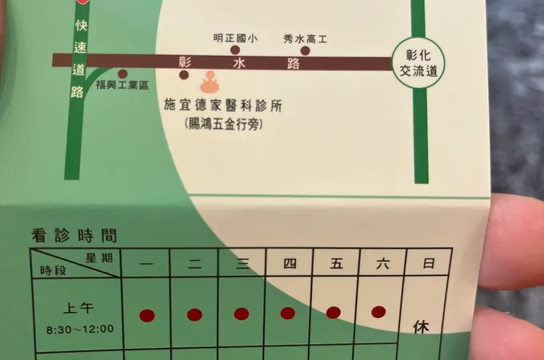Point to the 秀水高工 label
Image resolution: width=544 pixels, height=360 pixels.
pos(306,38)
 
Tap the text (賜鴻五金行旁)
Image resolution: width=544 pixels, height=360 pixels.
pos(223,124)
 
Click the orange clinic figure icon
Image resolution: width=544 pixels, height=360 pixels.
pos(210,81)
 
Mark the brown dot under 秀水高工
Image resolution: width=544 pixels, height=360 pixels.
pos(305,50)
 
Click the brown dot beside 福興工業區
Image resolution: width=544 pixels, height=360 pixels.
pos(122,73)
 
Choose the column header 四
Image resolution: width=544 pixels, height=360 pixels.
pos(289,263)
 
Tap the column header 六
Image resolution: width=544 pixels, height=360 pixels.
pos(381,263)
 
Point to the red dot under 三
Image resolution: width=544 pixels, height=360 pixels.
pos(241,314)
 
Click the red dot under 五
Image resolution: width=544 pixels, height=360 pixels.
pos(334,312)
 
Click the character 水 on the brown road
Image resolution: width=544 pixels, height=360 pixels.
pos(239,62)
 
